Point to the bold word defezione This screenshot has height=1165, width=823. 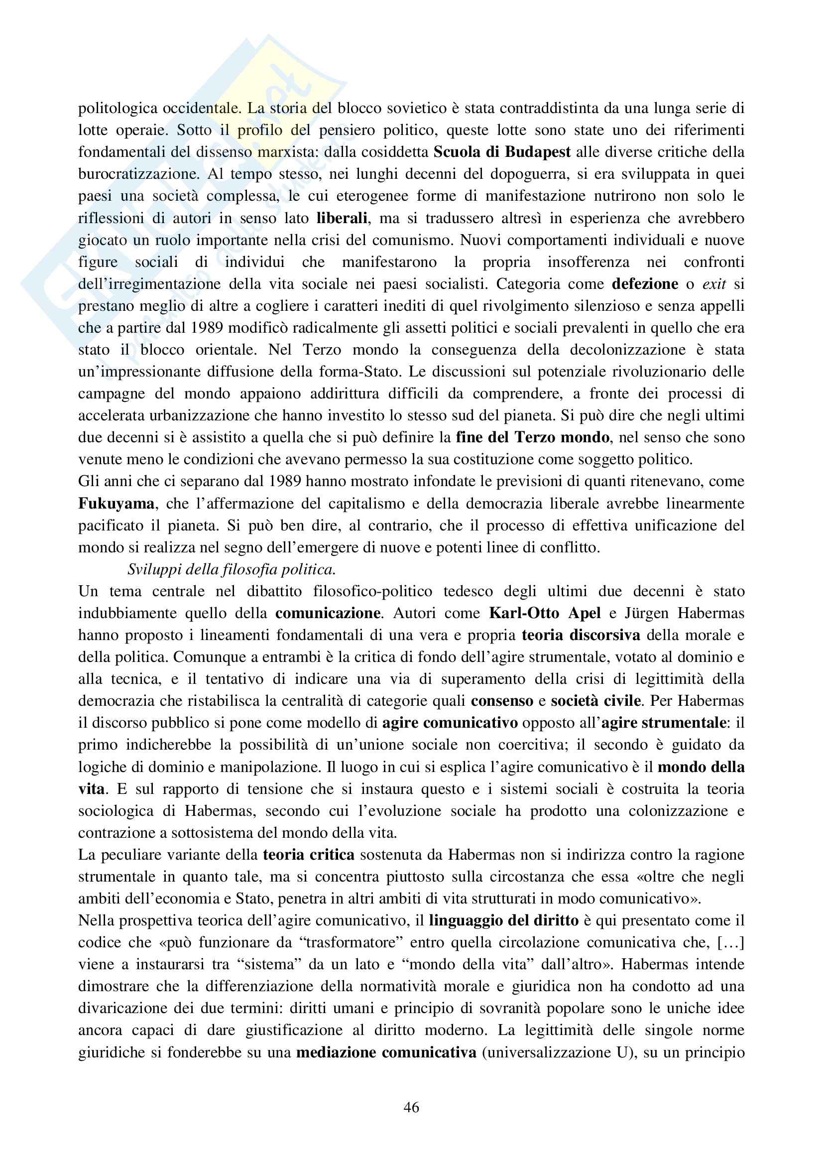(645, 283)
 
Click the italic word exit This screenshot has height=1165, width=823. (714, 283)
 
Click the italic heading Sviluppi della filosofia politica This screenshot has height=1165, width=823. (231, 569)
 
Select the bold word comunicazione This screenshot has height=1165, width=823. (328, 613)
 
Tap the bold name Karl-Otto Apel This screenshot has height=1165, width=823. (545, 613)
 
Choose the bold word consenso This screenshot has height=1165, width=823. (502, 701)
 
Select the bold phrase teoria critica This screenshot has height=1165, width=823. (308, 855)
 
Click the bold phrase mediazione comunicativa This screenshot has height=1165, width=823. (386, 1052)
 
